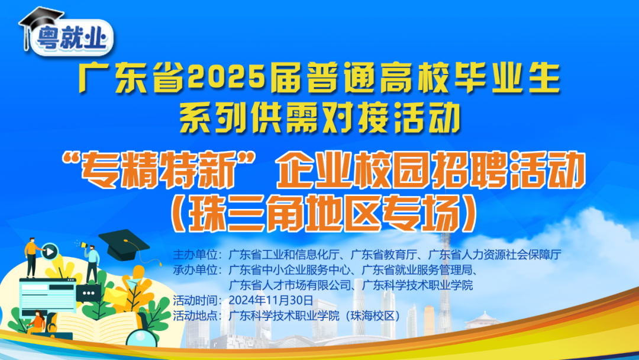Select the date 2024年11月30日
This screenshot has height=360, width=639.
[x=271, y=300]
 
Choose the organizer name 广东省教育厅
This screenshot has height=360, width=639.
[x=383, y=255]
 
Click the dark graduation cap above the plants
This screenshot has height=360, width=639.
[x=124, y=245]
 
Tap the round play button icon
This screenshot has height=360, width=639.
[x=50, y=252]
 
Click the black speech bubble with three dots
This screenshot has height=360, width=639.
[x=88, y=293]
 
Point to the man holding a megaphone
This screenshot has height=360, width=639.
[x=92, y=263]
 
